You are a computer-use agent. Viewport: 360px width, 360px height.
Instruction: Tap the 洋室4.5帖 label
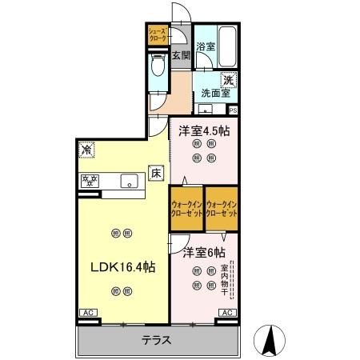pos(204,131)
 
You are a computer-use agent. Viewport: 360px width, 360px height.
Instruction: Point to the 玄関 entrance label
pos(181,55)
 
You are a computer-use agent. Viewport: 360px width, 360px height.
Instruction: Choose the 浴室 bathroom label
pos(206,46)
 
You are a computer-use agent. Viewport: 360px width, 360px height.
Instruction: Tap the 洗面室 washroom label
pos(215,93)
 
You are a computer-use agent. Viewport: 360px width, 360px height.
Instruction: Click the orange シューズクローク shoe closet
pos(156,34)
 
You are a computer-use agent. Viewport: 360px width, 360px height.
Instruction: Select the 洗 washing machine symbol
pos(228,79)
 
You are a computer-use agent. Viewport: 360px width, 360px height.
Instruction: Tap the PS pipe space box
pos(233,110)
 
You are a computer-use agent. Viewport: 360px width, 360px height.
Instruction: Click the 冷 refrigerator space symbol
pos(85,150)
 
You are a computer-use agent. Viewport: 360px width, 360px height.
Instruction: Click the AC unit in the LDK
pos(86,313)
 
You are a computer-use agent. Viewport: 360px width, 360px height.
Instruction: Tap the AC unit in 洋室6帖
pos(226,313)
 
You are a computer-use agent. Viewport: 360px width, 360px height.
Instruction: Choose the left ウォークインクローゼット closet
pos(186,209)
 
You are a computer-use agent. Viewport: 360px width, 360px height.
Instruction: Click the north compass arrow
pos(270,342)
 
